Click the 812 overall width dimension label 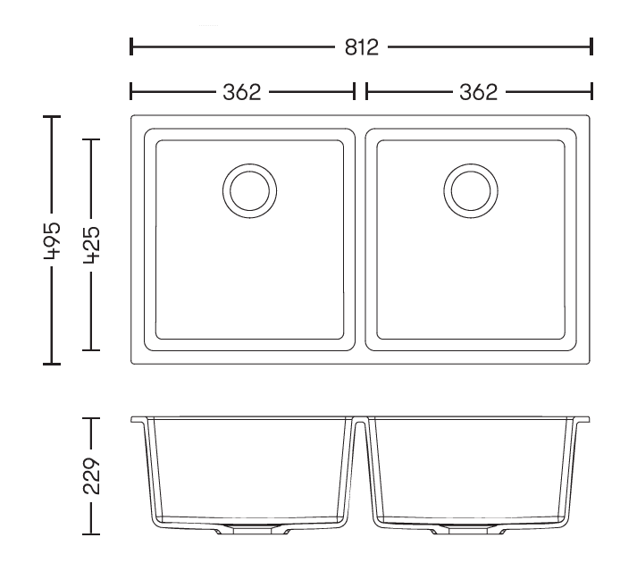tap(362, 47)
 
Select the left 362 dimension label tap(242, 92)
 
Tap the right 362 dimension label tap(478, 92)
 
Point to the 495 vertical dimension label tap(52, 240)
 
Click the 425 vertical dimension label tap(91, 246)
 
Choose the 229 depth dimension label tap(91, 476)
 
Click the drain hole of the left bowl tap(250, 191)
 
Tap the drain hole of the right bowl tap(471, 191)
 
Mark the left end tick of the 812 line tap(130, 46)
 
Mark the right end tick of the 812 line tap(591, 46)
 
